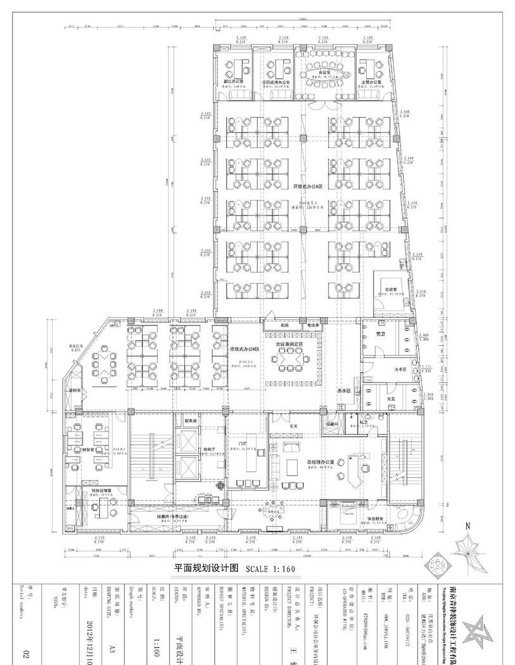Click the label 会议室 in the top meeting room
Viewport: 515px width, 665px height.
tap(322, 73)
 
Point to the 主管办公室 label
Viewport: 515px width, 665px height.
tap(371, 82)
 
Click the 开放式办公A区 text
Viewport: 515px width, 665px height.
tap(308, 187)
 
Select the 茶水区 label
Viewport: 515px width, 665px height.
tap(345, 391)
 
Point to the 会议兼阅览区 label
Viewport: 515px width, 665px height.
tap(289, 344)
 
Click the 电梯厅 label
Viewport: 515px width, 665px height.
tap(209, 450)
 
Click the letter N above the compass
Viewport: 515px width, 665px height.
tap(467, 526)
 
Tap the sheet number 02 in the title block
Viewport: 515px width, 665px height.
tap(26, 652)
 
